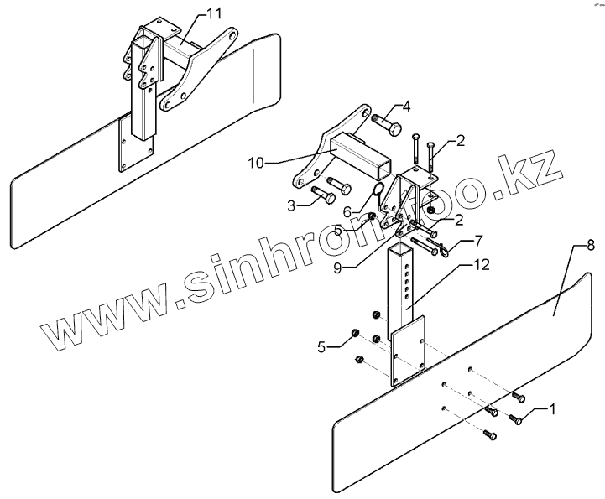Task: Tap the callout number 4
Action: (x=406, y=107)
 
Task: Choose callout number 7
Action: (x=479, y=242)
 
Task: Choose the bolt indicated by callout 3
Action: (x=324, y=197)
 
